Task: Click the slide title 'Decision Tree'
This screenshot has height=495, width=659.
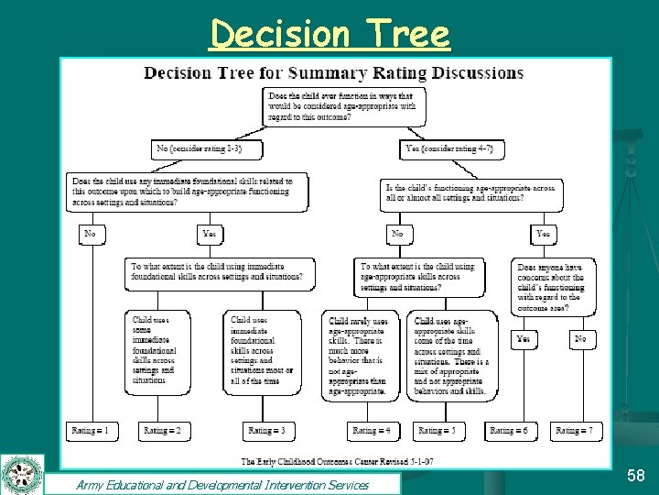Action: [x=329, y=35]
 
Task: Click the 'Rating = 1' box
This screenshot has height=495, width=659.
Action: [x=93, y=430]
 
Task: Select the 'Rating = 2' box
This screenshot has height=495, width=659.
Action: [x=162, y=430]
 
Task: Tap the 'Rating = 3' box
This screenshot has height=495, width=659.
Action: [x=266, y=430]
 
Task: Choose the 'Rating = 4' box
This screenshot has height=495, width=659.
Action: [x=372, y=430]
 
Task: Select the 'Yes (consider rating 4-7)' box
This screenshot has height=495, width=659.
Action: [x=452, y=148]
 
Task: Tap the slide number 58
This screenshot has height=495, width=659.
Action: [x=635, y=475]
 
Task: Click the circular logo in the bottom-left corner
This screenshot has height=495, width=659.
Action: [x=22, y=475]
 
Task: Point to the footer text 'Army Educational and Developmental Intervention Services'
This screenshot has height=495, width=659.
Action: [x=222, y=485]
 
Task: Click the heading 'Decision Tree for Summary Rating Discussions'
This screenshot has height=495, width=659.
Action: [x=334, y=73]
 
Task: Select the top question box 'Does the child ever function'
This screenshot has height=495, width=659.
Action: [x=341, y=106]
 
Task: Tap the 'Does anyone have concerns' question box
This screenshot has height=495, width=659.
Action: [x=553, y=287]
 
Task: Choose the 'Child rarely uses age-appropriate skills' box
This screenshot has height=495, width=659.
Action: [x=357, y=356]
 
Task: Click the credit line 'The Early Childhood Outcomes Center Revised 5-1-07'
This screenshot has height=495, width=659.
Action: [x=337, y=460]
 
